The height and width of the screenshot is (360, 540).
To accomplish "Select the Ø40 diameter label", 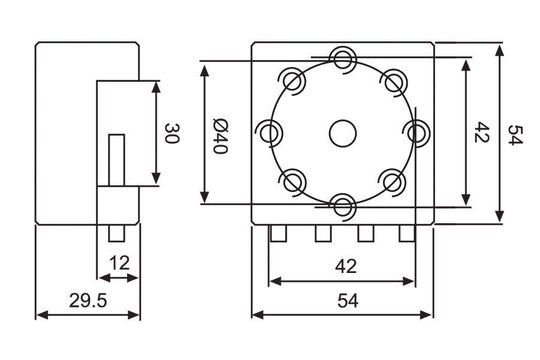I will click(x=222, y=134).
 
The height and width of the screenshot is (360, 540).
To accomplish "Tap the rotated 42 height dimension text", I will click(x=482, y=133).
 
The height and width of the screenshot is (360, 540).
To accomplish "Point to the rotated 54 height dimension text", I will click(x=515, y=134).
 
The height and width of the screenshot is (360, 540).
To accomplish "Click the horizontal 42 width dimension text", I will click(x=343, y=266).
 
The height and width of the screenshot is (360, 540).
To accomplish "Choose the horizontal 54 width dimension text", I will click(x=343, y=300).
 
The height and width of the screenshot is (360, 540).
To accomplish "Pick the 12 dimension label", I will click(x=119, y=263).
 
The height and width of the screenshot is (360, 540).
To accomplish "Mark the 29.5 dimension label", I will click(x=86, y=300).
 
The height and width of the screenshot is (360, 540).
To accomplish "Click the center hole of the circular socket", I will click(x=343, y=131).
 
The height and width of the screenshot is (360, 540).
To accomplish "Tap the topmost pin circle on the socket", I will click(x=343, y=57).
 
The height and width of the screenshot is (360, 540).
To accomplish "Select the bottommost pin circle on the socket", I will click(x=343, y=205).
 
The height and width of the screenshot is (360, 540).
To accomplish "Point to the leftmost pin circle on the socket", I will click(x=269, y=131).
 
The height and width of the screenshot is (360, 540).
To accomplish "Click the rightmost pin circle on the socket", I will click(x=417, y=131).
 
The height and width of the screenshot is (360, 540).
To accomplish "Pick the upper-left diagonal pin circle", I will click(x=292, y=79).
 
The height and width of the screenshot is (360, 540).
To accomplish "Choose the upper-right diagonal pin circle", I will click(x=395, y=79).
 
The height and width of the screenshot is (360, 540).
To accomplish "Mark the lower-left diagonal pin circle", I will click(x=292, y=182).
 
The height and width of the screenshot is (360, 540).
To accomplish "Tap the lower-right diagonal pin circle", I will click(x=395, y=182).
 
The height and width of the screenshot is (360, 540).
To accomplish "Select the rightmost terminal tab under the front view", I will click(x=406, y=234).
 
